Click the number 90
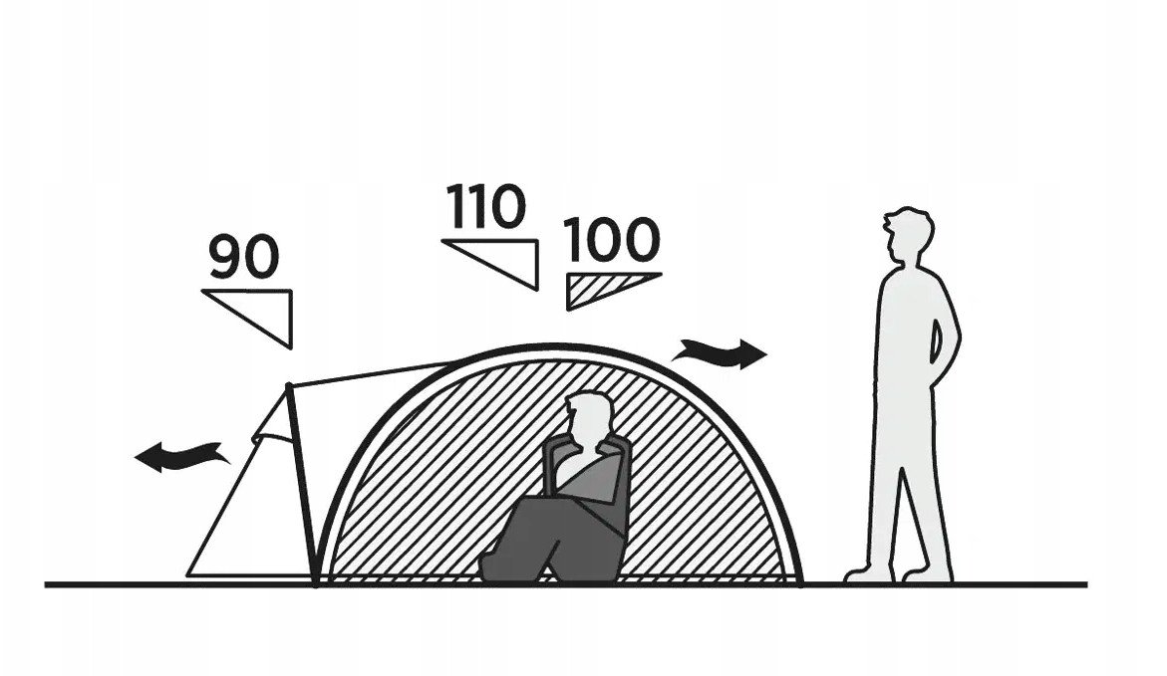(244, 257)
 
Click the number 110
(486, 206)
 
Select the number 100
(612, 239)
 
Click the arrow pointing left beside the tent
(181, 456)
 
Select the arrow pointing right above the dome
(719, 353)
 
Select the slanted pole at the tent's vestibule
(301, 484)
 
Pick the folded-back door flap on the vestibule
(274, 419)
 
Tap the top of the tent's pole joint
(288, 385)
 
